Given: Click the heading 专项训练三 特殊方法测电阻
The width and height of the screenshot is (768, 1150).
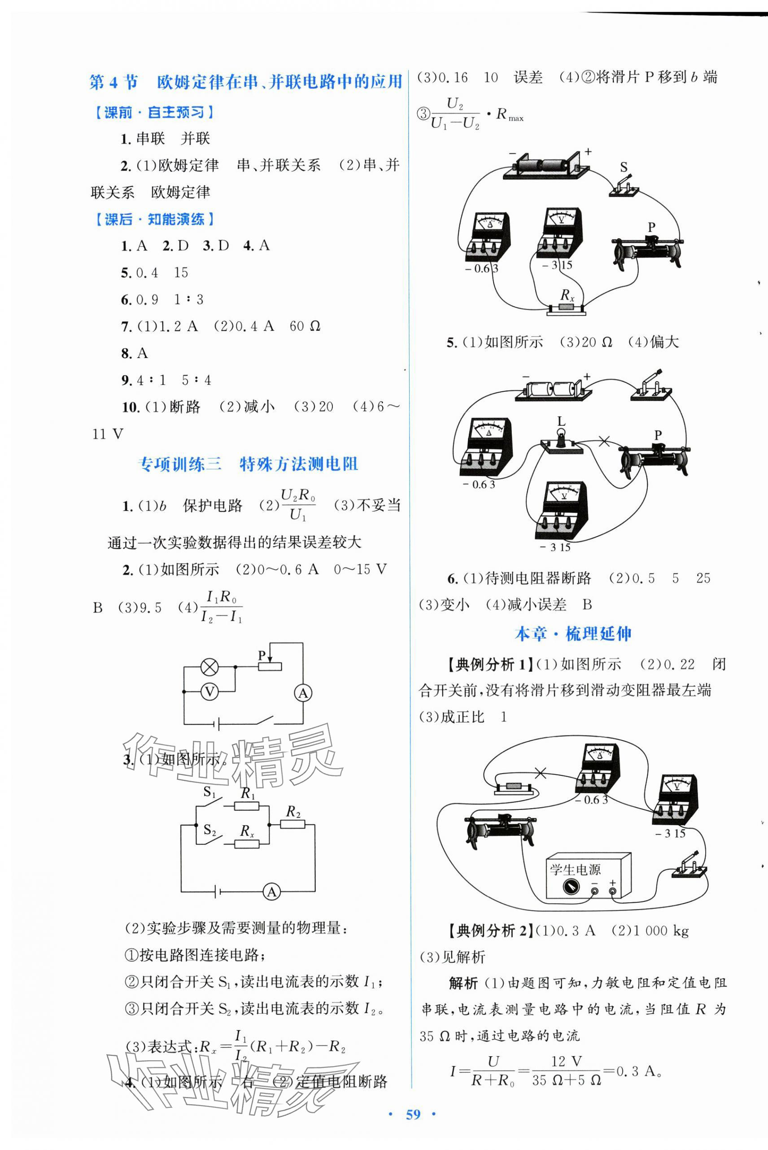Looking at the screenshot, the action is tap(249, 464).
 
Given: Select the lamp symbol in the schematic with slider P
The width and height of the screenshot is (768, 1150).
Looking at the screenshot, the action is tap(210, 667).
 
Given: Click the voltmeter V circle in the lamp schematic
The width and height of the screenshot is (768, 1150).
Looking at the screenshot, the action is tap(209, 691).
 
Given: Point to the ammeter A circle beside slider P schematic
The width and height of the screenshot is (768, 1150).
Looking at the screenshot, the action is tap(303, 693).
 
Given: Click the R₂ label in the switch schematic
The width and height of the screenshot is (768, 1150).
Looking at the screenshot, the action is tap(293, 812).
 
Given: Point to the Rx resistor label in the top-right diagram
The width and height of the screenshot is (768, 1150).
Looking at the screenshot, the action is tap(567, 295).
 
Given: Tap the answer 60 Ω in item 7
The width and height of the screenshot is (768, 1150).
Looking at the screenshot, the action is tap(305, 326).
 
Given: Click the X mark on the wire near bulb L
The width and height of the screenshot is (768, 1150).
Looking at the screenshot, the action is tap(604, 442).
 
